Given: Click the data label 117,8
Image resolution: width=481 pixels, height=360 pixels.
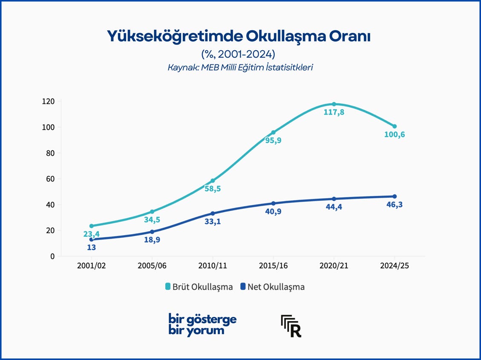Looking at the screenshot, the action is tap(334, 112).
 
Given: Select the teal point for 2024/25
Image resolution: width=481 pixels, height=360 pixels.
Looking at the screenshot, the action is tap(395, 127).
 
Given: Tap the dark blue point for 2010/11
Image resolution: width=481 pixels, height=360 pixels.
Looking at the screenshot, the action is tap(213, 213).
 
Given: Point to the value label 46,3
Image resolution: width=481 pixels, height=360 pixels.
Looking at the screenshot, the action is tap(395, 204).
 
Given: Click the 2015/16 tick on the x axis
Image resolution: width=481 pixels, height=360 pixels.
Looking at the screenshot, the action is tap(274, 265).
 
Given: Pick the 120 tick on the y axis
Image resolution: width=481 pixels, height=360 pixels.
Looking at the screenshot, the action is tap(48, 101).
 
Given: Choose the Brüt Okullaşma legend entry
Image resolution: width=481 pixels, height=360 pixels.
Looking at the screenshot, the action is tap(199, 287).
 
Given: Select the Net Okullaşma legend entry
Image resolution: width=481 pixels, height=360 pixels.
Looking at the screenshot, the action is tap(272, 287).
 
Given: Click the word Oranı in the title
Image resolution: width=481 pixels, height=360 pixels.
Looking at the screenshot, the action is tap(350, 36).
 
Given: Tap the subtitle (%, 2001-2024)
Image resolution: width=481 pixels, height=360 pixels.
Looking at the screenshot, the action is tap(238, 54).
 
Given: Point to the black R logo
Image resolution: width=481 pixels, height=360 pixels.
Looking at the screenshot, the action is tap(291, 326).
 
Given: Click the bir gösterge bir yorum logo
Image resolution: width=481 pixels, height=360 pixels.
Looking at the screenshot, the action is tap(202, 325).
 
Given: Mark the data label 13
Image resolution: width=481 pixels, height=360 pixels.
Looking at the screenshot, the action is tap(92, 247).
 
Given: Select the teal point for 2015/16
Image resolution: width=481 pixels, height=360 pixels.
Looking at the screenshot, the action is tap(274, 132).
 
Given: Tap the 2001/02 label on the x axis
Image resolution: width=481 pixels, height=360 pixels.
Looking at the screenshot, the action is tap(92, 265).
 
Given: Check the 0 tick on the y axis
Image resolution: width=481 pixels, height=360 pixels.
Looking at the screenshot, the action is tap(52, 256).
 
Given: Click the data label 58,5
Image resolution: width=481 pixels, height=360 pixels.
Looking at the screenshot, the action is tap(213, 189).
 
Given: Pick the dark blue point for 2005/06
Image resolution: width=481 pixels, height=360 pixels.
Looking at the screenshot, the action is tap(152, 231).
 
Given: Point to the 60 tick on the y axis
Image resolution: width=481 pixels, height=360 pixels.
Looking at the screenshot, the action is tap(50, 179).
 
